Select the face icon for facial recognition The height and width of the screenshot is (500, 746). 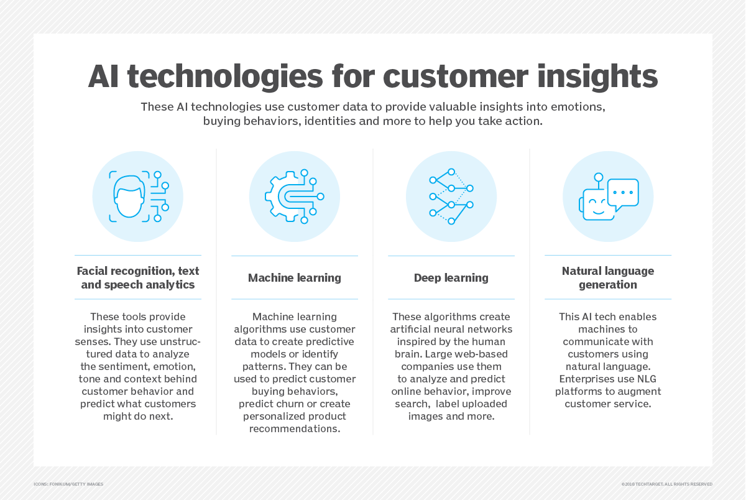[129, 195]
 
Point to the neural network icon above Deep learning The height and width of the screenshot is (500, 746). [451, 196]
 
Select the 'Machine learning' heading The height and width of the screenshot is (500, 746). [295, 278]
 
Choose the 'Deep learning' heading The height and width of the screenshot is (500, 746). [451, 278]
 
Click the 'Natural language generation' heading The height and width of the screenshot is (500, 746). [608, 278]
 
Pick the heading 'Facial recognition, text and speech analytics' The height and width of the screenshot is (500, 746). [138, 278]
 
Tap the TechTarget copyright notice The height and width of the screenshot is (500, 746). [666, 484]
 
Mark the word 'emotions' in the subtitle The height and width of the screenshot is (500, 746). [578, 106]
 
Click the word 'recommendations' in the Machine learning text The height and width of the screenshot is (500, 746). [294, 428]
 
